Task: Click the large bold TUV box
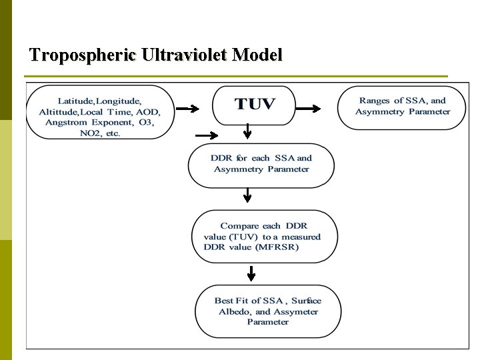click(254, 105)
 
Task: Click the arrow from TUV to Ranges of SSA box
click(309, 108)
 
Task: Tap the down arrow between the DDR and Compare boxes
click(247, 195)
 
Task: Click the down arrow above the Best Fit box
click(251, 273)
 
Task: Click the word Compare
click(239, 226)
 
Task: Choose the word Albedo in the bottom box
click(234, 311)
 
